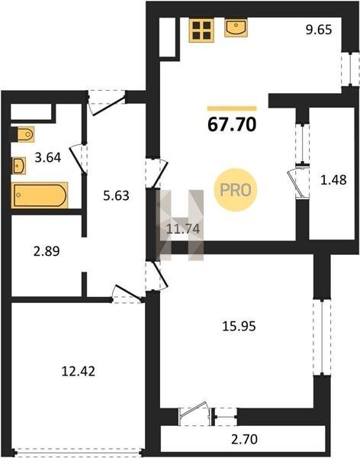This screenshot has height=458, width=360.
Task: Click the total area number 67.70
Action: coord(232,124)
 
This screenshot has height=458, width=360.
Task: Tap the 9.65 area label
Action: coord(319,30)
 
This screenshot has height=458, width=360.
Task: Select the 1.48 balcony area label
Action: coord(333,180)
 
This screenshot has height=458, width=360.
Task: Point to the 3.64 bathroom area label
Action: coord(48,158)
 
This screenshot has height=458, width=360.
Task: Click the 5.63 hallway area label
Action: coord(116,195)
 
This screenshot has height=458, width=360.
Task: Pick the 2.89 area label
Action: coord(47,251)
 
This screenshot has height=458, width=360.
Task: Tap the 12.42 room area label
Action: coord(79,372)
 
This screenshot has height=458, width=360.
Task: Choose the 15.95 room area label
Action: coord(239,326)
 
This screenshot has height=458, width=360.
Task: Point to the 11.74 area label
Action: coord(183,229)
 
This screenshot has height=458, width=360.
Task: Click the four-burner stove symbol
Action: coord(201,31)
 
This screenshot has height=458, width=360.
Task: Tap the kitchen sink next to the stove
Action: coord(236,27)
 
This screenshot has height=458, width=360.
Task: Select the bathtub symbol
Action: coord(40,195)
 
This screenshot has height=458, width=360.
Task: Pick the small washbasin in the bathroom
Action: coord(18,166)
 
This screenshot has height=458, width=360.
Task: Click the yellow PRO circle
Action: coord(236,190)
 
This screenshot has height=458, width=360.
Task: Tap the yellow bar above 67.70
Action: coord(232,108)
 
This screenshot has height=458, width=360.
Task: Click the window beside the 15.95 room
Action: coord(322,337)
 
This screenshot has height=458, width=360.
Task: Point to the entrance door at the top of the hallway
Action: coord(107,103)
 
